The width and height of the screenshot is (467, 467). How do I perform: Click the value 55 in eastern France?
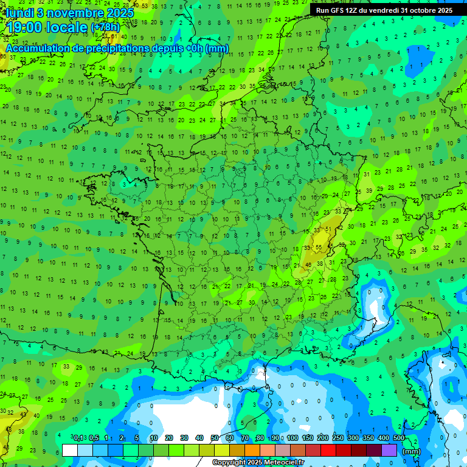(319, 247)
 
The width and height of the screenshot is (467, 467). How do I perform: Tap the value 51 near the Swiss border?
(328, 229)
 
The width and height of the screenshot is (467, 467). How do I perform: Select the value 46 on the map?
(308, 265)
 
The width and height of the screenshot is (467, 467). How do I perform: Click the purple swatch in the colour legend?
(389, 450)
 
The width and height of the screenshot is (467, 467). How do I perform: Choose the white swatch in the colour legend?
(70, 450)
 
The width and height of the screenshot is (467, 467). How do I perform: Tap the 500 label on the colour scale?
(399, 438)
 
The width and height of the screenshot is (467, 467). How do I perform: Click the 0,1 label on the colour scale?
(78, 438)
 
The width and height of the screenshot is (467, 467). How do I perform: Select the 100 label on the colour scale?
(292, 438)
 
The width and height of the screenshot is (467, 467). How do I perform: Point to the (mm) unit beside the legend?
(412, 451)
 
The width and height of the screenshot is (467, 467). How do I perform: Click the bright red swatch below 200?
(328, 450)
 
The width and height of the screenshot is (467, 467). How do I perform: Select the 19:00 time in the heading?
(26, 27)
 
